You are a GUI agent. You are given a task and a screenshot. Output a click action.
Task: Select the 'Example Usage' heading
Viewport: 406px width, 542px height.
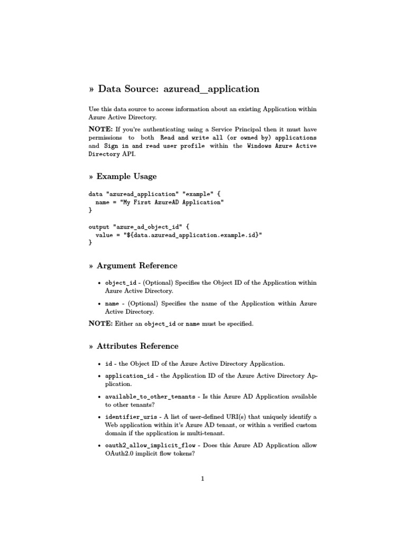[126, 176]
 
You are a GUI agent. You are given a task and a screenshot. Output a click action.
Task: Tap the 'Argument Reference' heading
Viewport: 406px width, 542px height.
[137, 266]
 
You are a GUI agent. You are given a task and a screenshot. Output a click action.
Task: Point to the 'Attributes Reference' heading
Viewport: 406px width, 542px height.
[137, 346]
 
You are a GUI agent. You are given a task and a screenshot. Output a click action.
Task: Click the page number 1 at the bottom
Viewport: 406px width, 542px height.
[202, 479]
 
